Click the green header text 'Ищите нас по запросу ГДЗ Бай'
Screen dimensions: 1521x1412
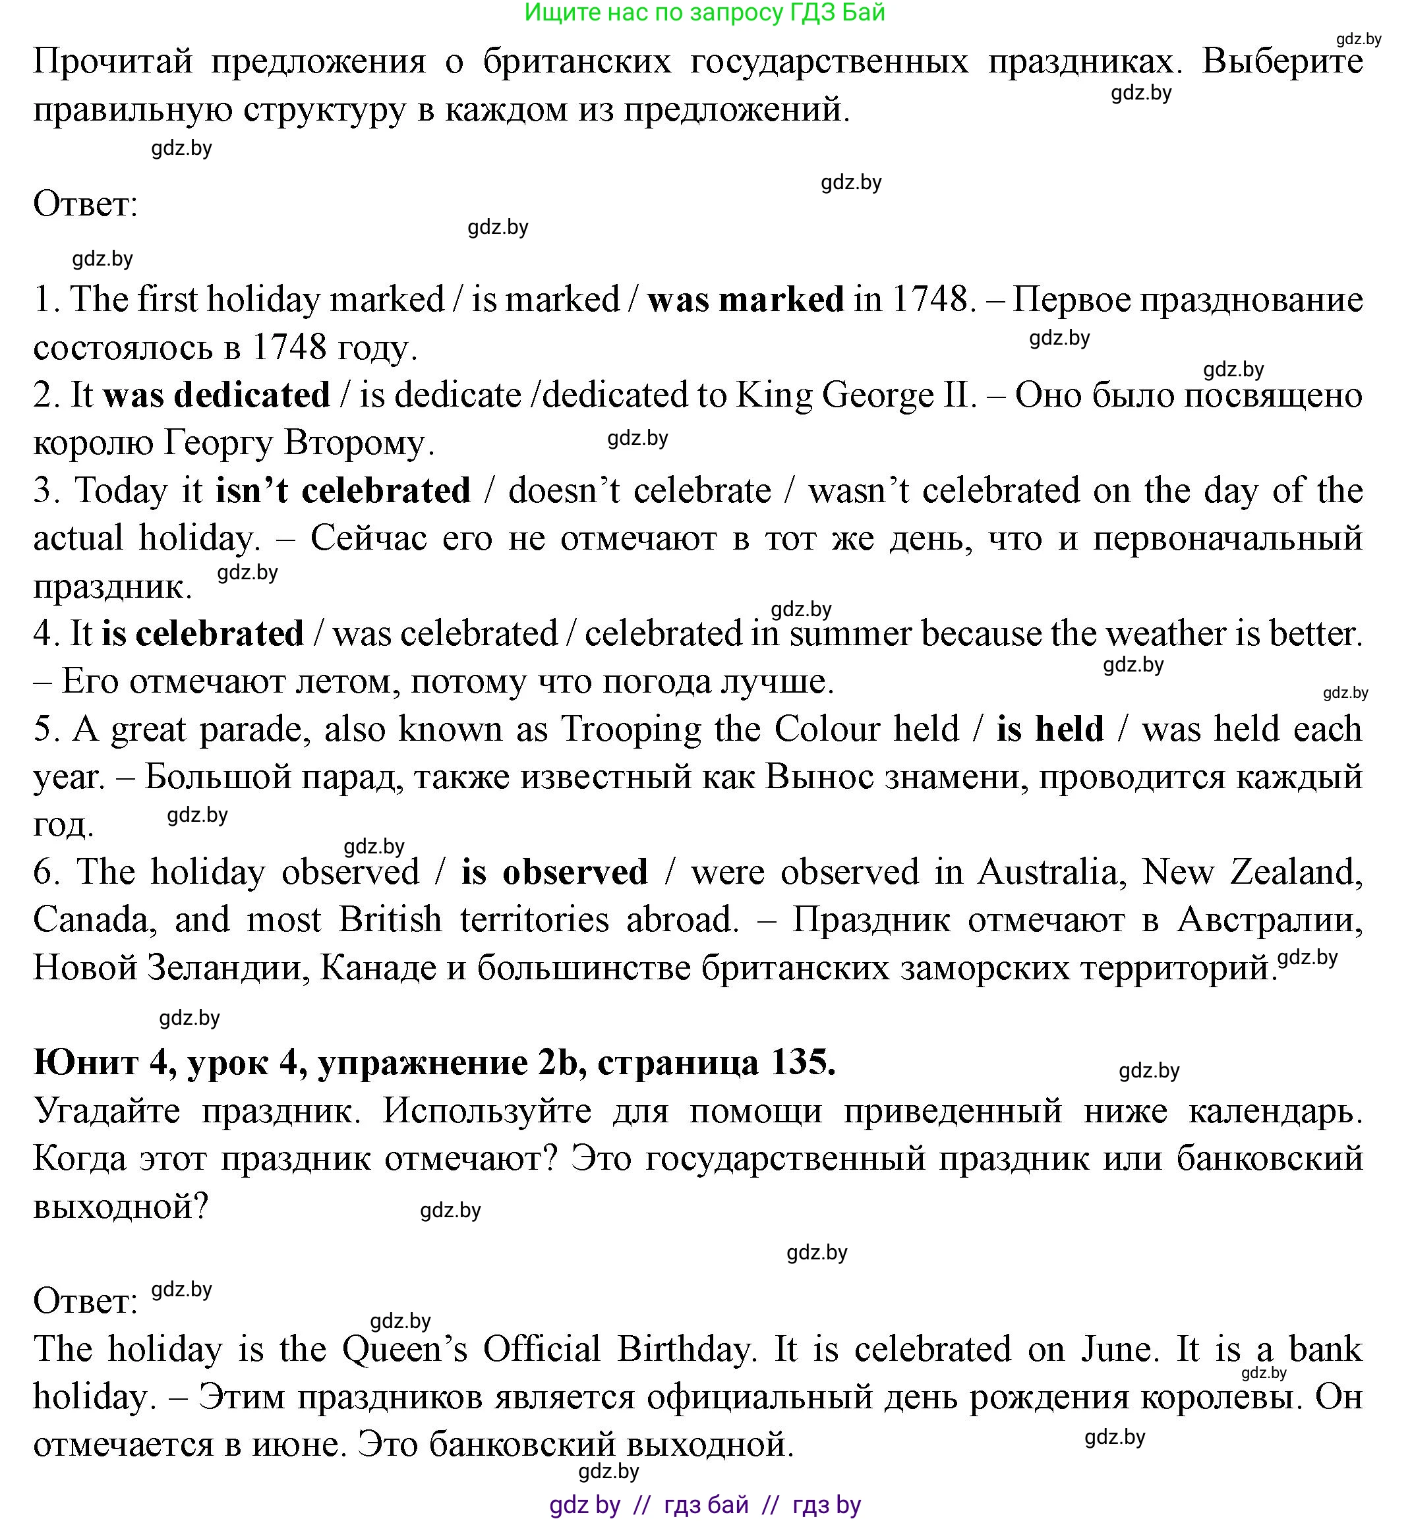click(705, 13)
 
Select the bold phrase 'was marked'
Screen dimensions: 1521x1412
click(746, 299)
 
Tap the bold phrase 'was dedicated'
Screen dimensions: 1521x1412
click(217, 395)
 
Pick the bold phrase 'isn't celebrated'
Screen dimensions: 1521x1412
click(343, 490)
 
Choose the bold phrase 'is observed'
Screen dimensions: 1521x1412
click(555, 872)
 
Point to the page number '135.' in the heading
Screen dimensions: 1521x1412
click(804, 1062)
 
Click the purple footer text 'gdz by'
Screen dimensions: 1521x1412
click(585, 1504)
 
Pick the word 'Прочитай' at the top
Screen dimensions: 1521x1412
click(112, 61)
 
